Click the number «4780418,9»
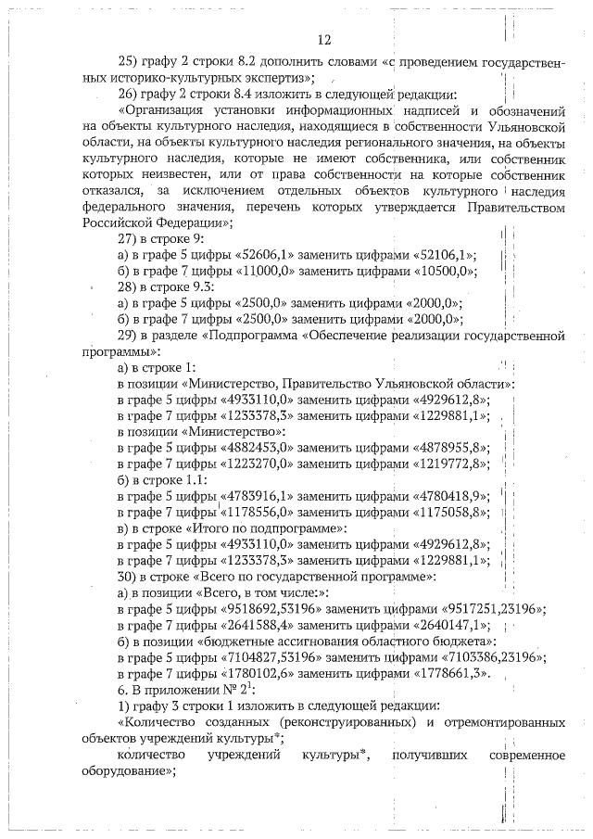pos(450,496)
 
